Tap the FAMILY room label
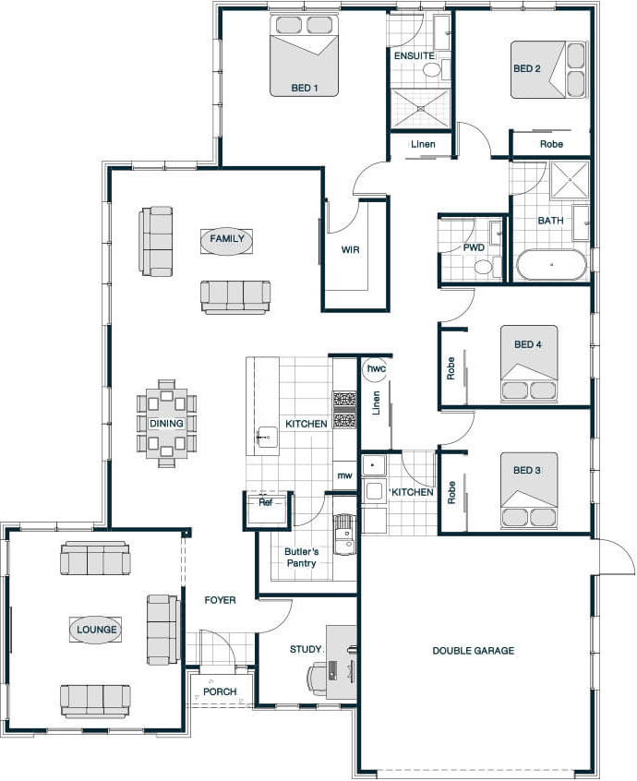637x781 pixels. point(226,239)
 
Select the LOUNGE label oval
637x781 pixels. point(97,630)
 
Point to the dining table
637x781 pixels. point(166,424)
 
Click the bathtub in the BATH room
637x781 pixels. point(552,264)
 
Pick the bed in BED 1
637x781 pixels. point(305,54)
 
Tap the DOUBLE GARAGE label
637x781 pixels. point(474,651)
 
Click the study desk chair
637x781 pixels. point(318,679)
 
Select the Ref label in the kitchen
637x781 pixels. point(266,502)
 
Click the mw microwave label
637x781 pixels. point(344,475)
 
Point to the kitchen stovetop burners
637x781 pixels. point(344,410)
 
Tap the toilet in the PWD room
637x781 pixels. point(484,267)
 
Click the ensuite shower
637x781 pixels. point(420,109)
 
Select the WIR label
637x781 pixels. point(350,249)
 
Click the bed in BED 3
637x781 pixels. point(528,490)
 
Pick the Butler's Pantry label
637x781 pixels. point(301,558)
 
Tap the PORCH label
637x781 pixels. point(220,691)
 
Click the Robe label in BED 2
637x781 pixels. point(551,144)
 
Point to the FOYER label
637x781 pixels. point(220,600)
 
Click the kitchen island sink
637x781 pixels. point(267,438)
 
